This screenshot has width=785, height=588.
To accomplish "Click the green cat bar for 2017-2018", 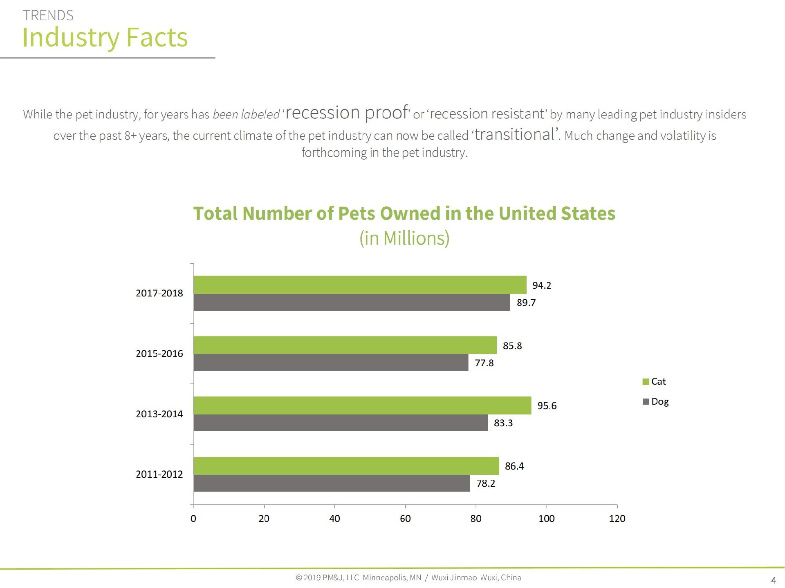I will [x=360, y=285].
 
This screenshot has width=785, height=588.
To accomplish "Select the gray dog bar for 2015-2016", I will [x=331, y=363].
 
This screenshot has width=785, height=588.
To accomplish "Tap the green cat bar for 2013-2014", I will [x=362, y=405].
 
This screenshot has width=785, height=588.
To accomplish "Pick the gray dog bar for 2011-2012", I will [x=332, y=483].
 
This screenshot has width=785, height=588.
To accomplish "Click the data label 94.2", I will [x=541, y=285].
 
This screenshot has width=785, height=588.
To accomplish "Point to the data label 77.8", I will [x=484, y=363].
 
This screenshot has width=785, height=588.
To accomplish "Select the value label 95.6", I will [x=547, y=406].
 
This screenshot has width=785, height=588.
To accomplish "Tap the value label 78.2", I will [x=485, y=483].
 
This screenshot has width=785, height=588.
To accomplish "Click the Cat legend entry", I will [x=654, y=381].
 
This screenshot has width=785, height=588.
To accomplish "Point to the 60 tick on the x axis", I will [x=405, y=519].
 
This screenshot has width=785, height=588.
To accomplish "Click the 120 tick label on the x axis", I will [x=617, y=519].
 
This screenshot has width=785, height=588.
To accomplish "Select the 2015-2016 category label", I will [x=159, y=354].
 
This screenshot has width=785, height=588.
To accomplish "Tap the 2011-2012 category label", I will [x=159, y=474].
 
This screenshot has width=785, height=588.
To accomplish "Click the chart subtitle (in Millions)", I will [x=404, y=238].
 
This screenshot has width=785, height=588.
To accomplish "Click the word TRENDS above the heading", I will [x=48, y=16].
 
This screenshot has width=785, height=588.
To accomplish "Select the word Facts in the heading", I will [x=157, y=37].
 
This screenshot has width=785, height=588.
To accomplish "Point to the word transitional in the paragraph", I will [x=515, y=134].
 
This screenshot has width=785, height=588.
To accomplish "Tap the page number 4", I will [x=773, y=580].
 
